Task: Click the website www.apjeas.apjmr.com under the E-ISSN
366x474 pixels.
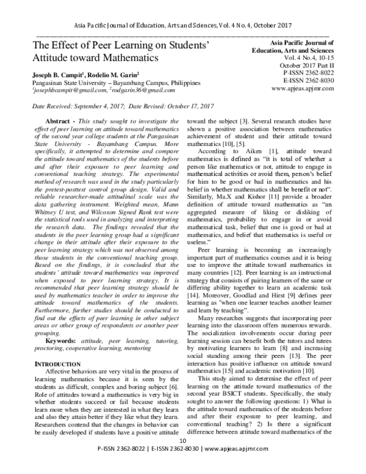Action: [x=302, y=88]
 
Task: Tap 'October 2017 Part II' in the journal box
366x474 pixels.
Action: [x=305, y=64]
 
